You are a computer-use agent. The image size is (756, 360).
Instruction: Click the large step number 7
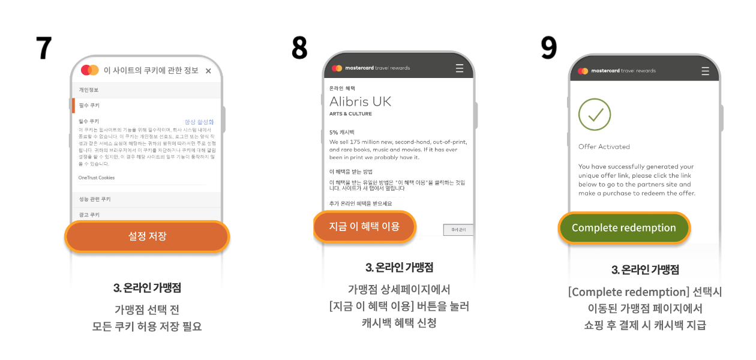click(x=44, y=48)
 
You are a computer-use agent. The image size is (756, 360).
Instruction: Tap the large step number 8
click(x=299, y=48)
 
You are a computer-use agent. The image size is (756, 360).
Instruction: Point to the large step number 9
click(x=548, y=48)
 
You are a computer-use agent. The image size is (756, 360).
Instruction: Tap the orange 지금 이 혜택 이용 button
click(x=364, y=227)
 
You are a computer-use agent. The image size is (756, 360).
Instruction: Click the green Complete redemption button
click(x=624, y=228)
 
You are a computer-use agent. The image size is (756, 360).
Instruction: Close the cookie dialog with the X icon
click(x=208, y=71)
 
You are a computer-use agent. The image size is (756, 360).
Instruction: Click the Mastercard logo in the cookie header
click(x=89, y=70)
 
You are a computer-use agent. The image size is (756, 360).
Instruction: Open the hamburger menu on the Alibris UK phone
click(x=460, y=68)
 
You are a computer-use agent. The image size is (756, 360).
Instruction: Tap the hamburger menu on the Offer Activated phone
click(x=705, y=71)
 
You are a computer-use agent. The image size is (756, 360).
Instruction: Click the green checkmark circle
click(x=595, y=115)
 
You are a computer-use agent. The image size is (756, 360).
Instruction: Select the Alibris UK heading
click(x=360, y=101)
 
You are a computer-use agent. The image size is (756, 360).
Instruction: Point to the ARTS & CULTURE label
click(x=350, y=114)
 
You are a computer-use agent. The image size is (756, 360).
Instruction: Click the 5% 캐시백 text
click(x=341, y=132)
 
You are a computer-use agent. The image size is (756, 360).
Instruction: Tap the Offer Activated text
click(x=604, y=146)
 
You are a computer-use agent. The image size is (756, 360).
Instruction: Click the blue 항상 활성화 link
click(x=199, y=122)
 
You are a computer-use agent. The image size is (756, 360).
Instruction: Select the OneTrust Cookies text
click(x=97, y=178)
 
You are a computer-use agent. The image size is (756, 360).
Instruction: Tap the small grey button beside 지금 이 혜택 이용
click(x=458, y=230)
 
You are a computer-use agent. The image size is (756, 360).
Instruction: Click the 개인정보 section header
click(x=89, y=90)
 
